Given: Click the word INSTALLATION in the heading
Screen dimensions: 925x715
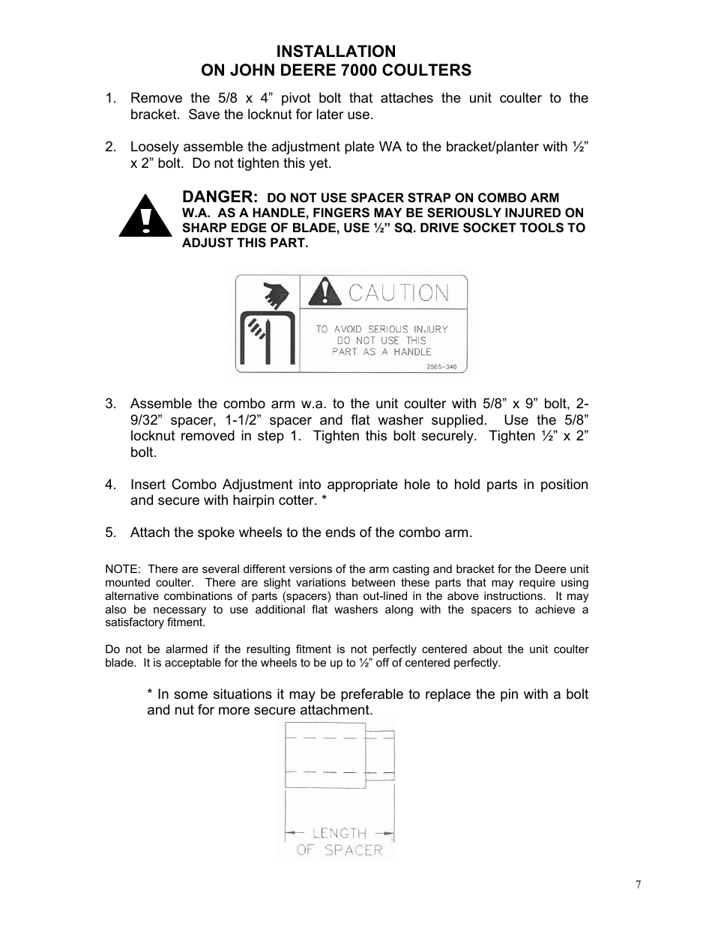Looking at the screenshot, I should (x=336, y=51).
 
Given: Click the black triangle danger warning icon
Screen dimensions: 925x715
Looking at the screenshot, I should (x=145, y=216).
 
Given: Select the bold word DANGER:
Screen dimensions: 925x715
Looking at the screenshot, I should (x=220, y=197).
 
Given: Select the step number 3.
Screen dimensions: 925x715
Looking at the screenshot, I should (x=110, y=404).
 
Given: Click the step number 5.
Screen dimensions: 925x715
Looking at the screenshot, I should (x=110, y=533).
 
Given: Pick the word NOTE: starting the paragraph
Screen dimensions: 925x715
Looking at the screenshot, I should (x=122, y=569).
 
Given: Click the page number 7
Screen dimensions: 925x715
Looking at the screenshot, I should (x=638, y=885).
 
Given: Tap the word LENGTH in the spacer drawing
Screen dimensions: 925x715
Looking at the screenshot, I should (x=339, y=833).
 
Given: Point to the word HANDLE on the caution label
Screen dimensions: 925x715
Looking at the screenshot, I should (x=413, y=351).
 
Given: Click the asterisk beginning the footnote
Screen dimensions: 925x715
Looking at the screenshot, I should (x=150, y=694).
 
